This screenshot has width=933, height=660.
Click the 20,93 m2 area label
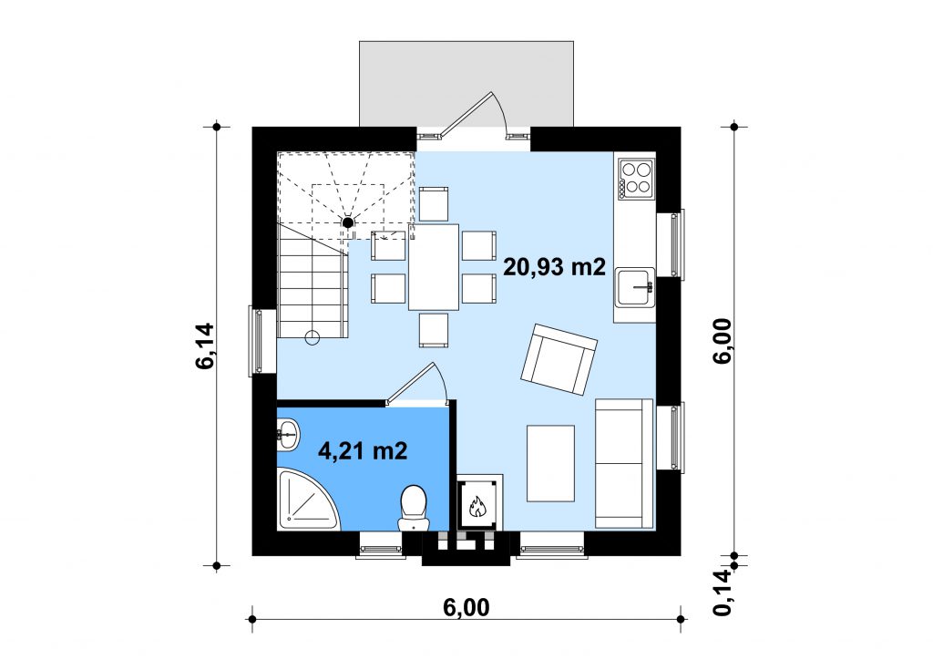tap(554, 266)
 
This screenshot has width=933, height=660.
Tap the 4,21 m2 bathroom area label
tap(363, 450)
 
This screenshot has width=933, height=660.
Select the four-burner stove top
tap(636, 179)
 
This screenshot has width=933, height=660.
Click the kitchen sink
tap(635, 287)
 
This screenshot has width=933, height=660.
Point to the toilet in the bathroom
tap(414, 508)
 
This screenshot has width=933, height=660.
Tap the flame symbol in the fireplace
tap(477, 506)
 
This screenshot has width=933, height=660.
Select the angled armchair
tap(559, 359)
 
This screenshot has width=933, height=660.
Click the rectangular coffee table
tap(550, 463)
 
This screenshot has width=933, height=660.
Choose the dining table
tap(433, 266)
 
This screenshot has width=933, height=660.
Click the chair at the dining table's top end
tap(433, 204)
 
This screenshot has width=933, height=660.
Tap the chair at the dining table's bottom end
tap(433, 330)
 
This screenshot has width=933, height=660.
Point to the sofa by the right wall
tap(624, 463)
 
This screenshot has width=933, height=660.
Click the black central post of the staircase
tap(347, 222)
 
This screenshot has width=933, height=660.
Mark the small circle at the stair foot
tap(312, 338)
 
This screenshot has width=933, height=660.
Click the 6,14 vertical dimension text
tap(204, 345)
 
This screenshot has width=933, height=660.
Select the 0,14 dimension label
tap(722, 593)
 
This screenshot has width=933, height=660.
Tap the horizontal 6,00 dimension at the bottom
tap(466, 608)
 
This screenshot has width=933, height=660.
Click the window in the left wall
tap(258, 341)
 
